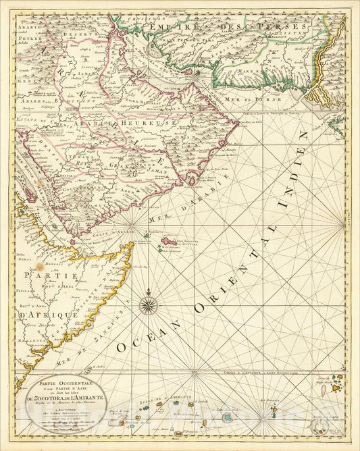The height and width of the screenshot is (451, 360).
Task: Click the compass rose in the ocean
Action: (147, 306)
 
